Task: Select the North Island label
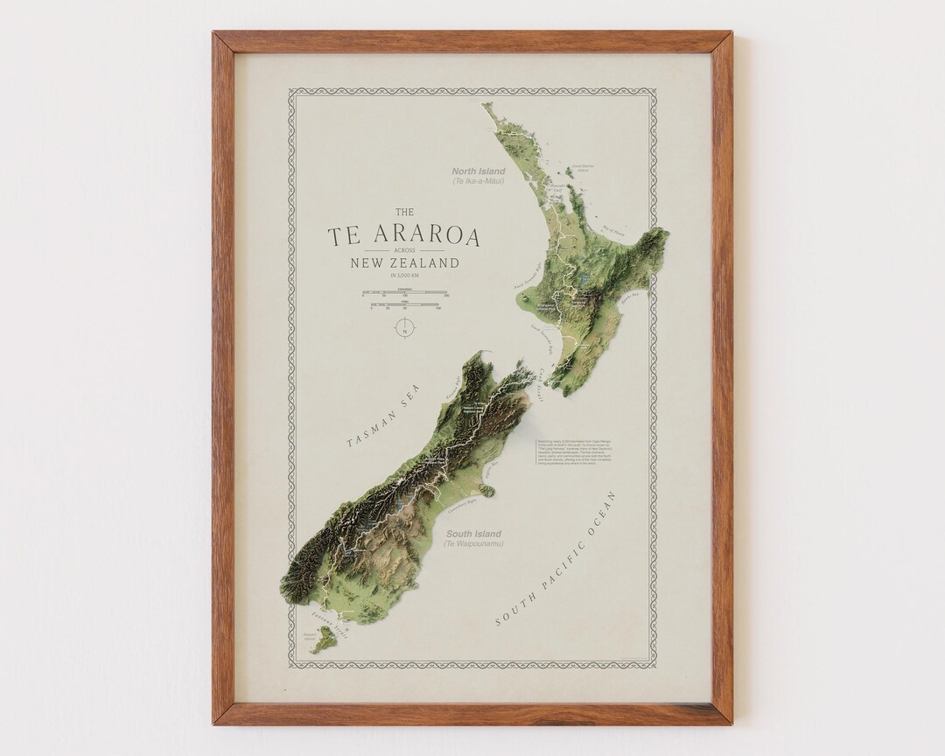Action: [479, 171]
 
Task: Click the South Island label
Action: [473, 534]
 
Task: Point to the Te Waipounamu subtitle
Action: [473, 544]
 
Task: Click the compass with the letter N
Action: [403, 329]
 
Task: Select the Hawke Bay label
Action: [631, 300]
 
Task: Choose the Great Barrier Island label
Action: [582, 166]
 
